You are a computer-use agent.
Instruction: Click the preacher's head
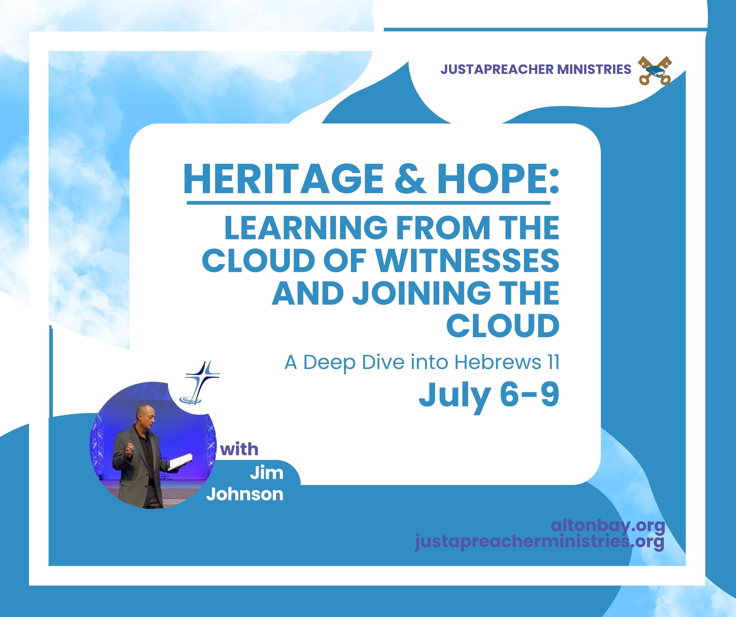point(145,416)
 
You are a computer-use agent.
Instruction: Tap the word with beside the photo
point(240,449)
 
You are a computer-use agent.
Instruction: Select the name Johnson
point(245,494)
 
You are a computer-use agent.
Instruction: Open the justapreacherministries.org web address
point(540,542)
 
